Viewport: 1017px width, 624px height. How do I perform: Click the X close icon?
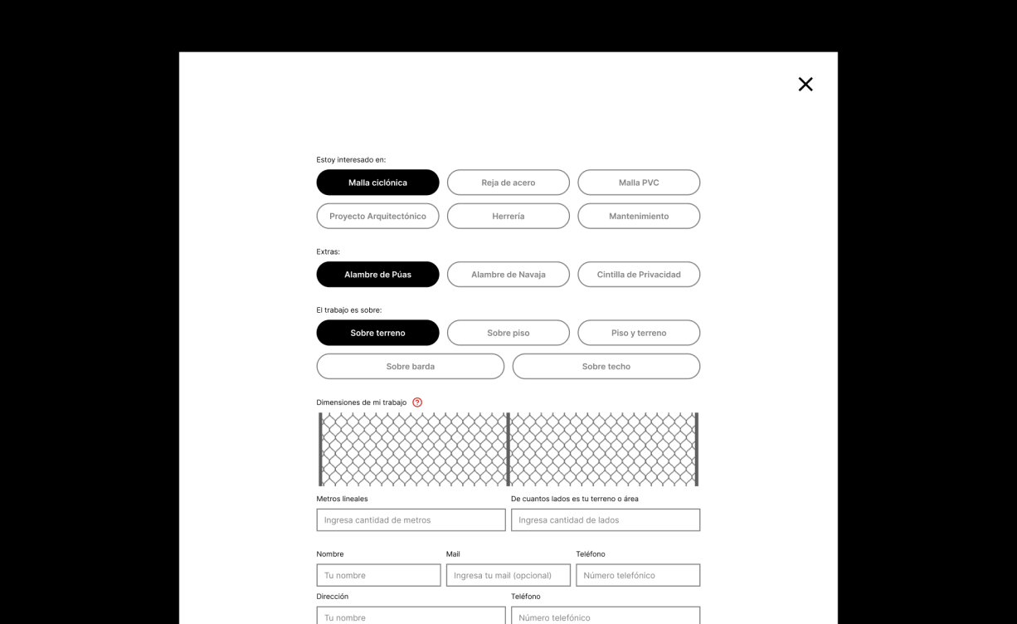[x=805, y=84]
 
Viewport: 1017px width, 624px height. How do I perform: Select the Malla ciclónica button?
[x=377, y=183]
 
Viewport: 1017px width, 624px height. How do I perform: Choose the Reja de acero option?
[x=508, y=183]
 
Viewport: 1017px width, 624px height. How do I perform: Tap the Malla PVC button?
[x=639, y=183]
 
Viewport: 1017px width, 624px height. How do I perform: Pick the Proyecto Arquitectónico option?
[x=377, y=216]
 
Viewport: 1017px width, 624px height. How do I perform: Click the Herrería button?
[x=508, y=216]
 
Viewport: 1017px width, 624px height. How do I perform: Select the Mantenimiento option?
[x=639, y=216]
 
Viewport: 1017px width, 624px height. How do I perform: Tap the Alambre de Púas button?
[x=377, y=275]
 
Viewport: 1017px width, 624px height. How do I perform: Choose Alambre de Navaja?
[x=508, y=275]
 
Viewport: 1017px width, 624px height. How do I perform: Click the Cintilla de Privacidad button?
[x=639, y=275]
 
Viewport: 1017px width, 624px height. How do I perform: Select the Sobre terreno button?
[x=377, y=333]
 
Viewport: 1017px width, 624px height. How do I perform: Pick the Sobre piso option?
[x=508, y=333]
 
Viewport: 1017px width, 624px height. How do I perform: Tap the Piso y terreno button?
[x=639, y=333]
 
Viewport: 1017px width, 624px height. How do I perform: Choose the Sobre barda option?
[x=410, y=366]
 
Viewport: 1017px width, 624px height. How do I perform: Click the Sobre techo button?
[x=606, y=366]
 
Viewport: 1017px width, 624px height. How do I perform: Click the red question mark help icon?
[x=417, y=402]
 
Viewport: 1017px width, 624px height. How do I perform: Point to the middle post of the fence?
[x=508, y=449]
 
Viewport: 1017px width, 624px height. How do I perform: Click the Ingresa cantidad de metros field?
[x=411, y=520]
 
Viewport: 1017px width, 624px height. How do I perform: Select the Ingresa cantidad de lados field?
[x=606, y=520]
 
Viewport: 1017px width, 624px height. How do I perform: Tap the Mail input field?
[x=508, y=575]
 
